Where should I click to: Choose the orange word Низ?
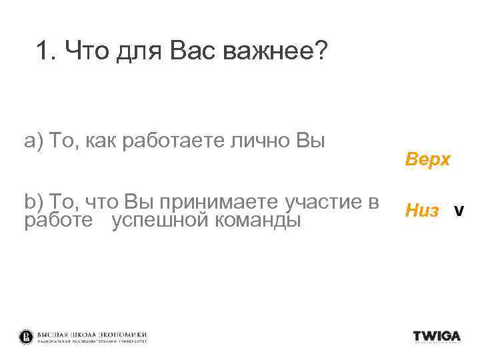coord(422,211)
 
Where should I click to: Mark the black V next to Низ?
coord(458,212)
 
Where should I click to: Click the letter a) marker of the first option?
coord(33,141)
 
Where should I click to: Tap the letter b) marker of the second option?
coord(33,201)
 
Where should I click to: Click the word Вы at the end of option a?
coord(311,141)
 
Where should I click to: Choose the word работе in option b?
coord(59,219)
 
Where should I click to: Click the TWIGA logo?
coord(437,336)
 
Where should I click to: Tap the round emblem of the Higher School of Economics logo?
coord(27,337)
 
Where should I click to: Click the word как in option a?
coord(101,141)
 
